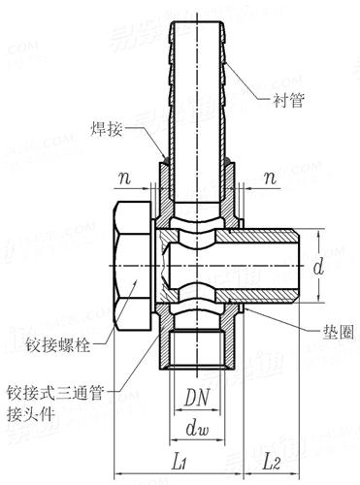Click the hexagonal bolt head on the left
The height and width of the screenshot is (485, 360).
133,264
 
